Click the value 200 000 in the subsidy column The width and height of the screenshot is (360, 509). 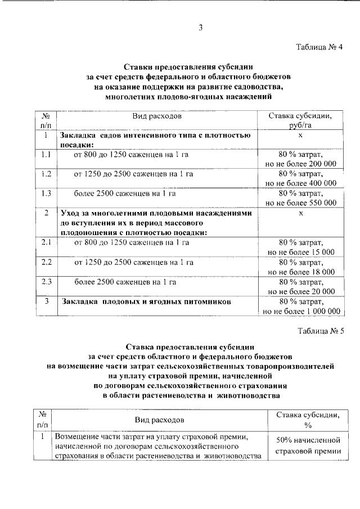[x=318, y=164]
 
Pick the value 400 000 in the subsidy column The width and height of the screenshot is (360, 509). [x=318, y=183]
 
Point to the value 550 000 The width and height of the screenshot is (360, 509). [x=318, y=203]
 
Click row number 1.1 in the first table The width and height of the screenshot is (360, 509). [x=46, y=154]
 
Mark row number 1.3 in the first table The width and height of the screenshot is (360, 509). [x=46, y=193]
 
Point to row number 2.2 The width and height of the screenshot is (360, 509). [x=46, y=262]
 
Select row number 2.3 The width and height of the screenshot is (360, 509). [x=46, y=282]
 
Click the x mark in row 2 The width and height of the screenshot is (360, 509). [x=301, y=213]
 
